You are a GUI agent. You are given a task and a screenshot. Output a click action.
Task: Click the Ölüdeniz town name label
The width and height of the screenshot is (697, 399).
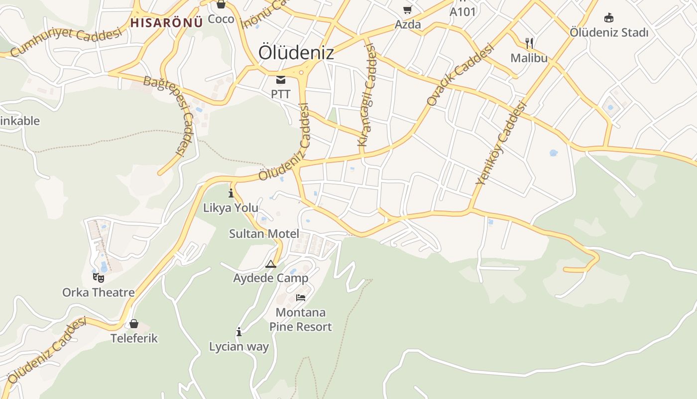coord(296,53)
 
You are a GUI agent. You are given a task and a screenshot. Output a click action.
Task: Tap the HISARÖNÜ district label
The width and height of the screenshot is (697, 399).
coord(166,22)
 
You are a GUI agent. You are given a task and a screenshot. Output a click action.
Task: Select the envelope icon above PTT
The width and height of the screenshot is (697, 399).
coord(281,79)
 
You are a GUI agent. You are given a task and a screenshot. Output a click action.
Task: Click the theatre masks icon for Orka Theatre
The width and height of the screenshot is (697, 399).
coord(98,277)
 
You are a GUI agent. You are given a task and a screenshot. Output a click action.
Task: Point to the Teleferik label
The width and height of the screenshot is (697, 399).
coord(134,338)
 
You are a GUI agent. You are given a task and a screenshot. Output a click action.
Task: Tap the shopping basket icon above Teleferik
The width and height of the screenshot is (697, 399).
coord(133,324)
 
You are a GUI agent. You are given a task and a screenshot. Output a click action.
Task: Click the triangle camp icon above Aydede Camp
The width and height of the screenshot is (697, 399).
coord(271,264)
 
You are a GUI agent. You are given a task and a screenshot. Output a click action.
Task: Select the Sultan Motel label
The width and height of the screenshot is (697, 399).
coord(264,233)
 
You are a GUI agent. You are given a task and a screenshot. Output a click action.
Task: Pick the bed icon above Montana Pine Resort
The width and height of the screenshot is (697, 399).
coord(301,298)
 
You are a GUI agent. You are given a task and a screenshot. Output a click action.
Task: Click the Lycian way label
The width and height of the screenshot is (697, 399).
coord(239,347)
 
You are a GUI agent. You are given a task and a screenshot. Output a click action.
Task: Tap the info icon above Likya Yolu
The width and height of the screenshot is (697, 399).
coord(231,193)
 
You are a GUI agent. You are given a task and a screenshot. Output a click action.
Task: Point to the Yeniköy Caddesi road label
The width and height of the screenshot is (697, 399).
coord(501,143)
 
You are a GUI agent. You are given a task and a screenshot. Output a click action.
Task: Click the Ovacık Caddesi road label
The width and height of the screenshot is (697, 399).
coord(460,75)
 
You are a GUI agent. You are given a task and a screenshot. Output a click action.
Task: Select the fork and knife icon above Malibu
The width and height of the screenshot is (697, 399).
coord(529,43)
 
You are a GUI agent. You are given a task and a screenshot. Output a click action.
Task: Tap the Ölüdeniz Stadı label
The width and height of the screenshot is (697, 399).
coord(609,33)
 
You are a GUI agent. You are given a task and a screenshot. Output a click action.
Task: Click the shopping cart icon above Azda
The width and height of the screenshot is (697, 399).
coord(408,10)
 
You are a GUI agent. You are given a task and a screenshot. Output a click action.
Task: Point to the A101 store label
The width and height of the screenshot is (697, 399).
coord(463,11)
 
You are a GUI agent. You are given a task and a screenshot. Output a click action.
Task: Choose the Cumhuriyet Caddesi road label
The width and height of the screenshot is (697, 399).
coord(66,42)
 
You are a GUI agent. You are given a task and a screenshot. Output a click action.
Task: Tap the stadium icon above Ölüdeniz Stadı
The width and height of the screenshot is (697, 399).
coord(608,18)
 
